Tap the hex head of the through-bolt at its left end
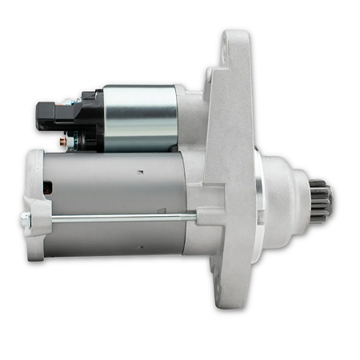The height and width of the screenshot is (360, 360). (x=26, y=218)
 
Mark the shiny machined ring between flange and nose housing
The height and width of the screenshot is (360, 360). (x=262, y=200)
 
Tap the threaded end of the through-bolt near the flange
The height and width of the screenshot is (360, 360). (x=192, y=217)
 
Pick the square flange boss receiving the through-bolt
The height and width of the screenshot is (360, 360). (x=206, y=217)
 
